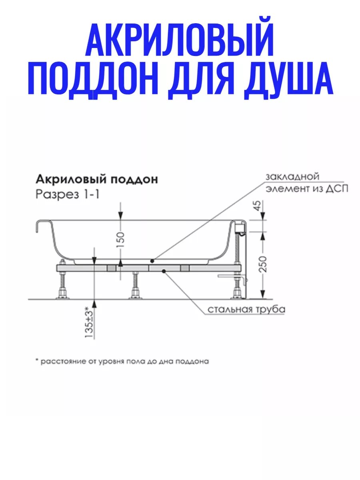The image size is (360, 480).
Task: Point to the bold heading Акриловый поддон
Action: (97, 180)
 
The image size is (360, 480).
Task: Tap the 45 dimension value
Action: (258, 206)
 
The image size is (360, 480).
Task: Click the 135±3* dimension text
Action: (89, 323)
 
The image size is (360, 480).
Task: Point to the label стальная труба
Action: (246, 310)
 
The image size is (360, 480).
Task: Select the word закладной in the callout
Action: (292, 176)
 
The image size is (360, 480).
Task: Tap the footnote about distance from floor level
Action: (122, 361)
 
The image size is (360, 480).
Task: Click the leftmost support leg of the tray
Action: (63, 286)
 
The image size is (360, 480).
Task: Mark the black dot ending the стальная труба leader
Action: (164, 271)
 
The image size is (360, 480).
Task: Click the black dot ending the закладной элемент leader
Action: (152, 260)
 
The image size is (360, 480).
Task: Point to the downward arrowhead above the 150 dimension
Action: (121, 216)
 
